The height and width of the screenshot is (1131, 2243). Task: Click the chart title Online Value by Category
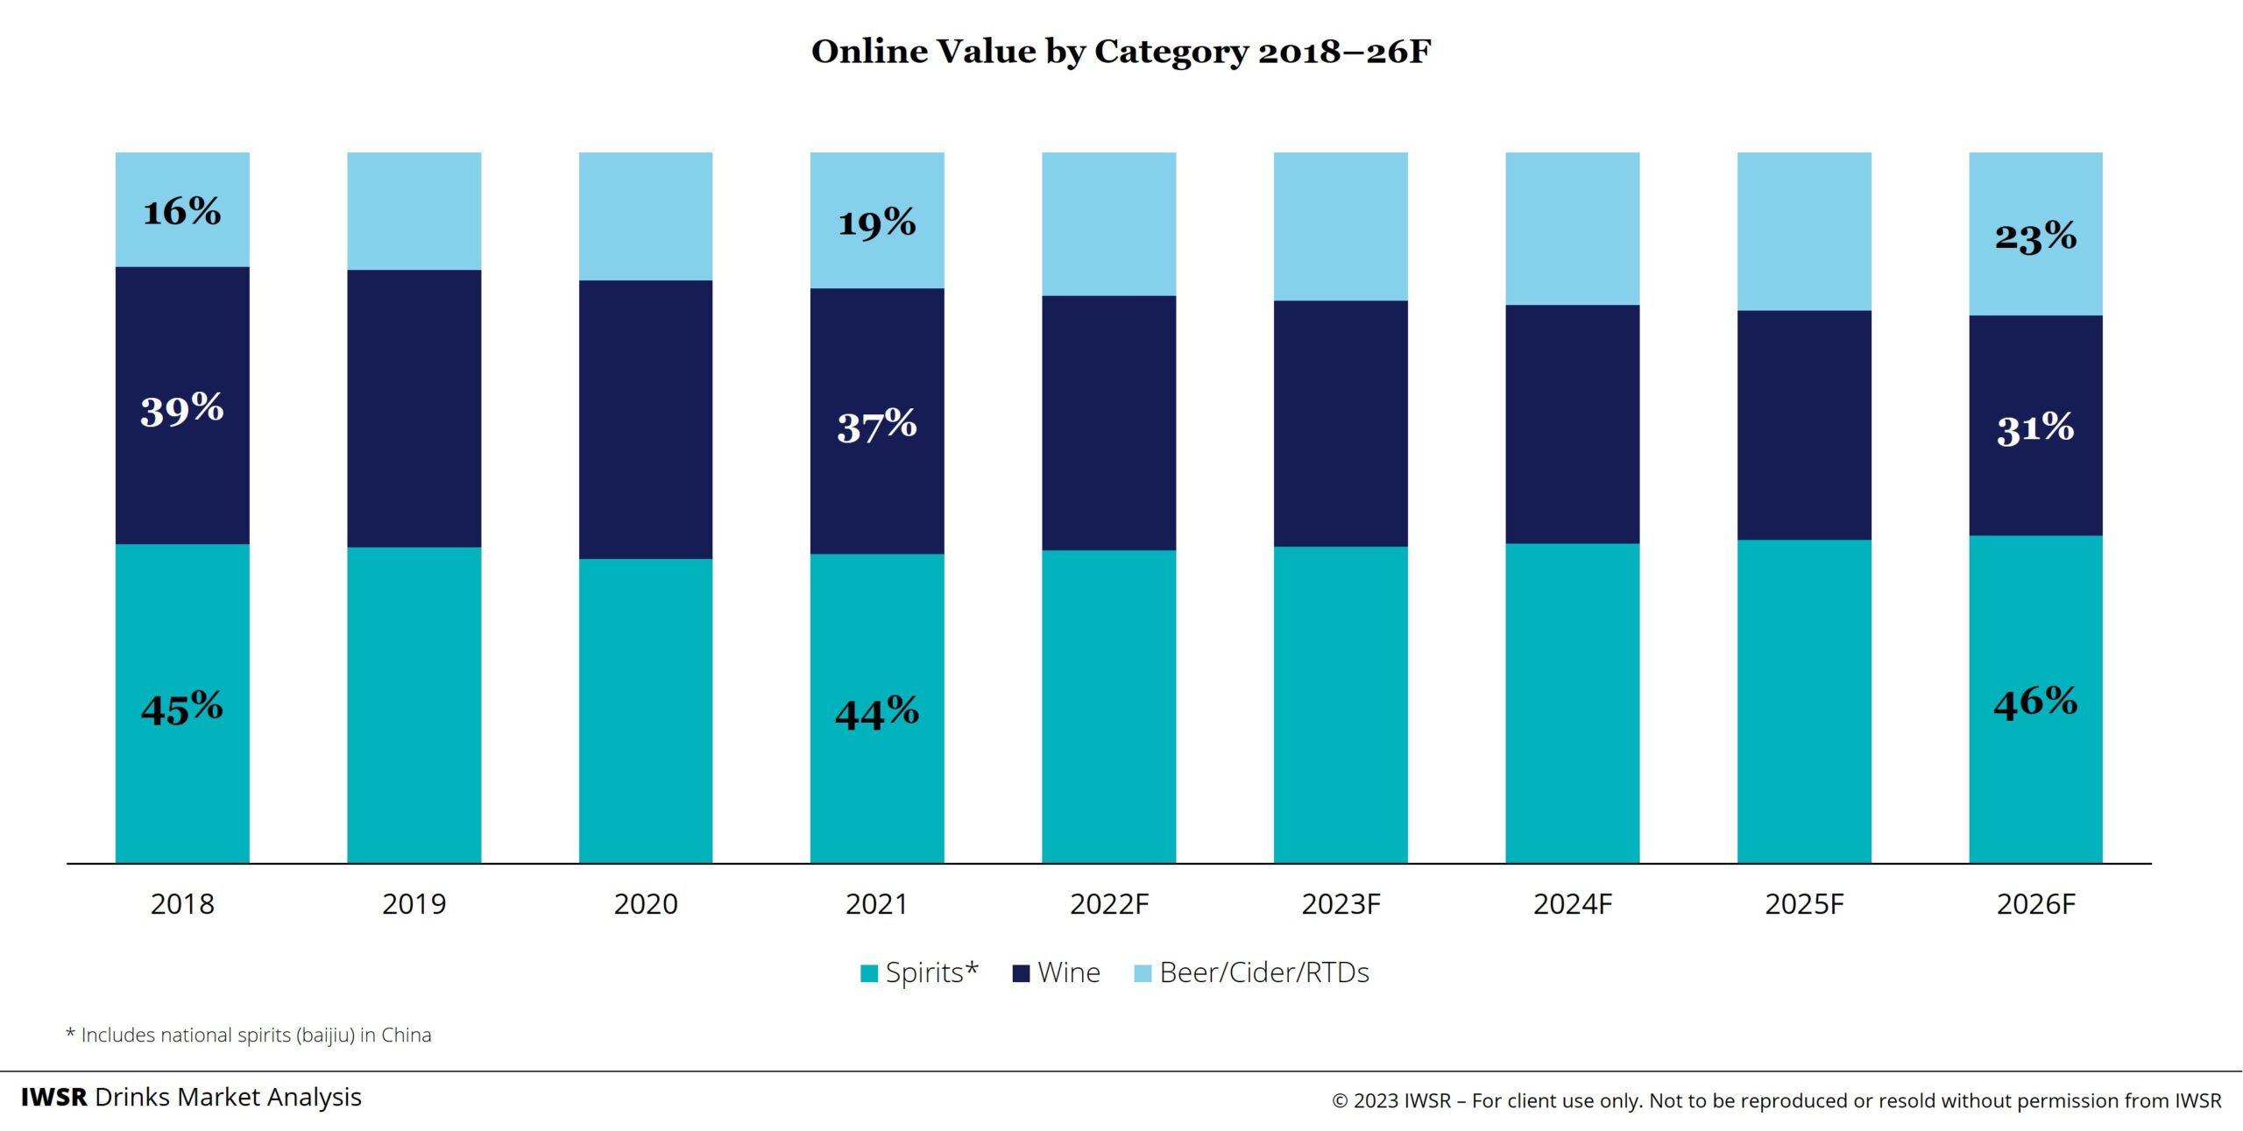(1121, 52)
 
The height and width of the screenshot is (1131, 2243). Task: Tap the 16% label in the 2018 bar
(182, 211)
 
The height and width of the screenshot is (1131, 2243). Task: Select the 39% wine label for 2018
(182, 409)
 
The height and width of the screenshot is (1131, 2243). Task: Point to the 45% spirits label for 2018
(182, 708)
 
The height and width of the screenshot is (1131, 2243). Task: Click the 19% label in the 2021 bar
(877, 223)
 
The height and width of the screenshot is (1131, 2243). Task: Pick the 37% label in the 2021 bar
(877, 426)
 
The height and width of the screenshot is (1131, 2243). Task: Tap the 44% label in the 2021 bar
(877, 712)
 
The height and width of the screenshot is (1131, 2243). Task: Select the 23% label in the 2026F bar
(2035, 237)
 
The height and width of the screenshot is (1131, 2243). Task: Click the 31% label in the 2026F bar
(2035, 429)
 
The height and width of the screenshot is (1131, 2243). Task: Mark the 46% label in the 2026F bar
(2035, 703)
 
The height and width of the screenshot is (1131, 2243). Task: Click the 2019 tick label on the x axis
(414, 904)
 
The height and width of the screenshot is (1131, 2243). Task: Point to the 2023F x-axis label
(1341, 904)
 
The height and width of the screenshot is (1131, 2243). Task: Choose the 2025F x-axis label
(1804, 904)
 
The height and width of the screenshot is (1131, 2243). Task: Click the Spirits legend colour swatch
(869, 973)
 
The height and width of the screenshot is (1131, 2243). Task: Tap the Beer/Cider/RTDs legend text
(1263, 972)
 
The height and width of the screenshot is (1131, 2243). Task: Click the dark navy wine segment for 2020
(646, 420)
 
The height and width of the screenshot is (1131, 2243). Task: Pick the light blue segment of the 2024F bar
(1572, 229)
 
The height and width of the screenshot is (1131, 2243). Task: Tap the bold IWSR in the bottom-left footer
(54, 1098)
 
